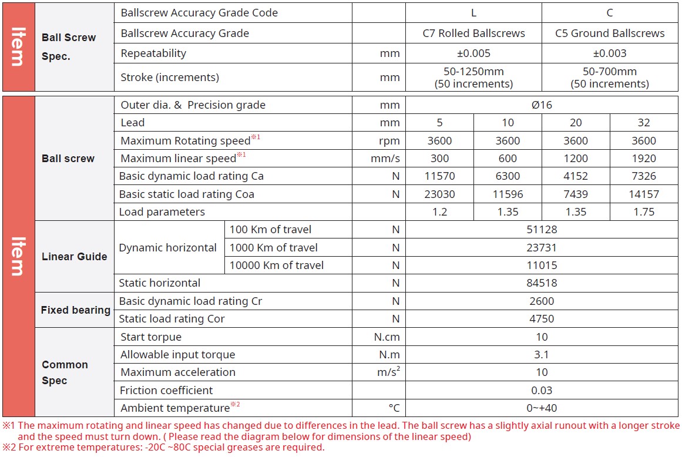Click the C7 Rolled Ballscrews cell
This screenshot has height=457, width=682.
point(473,33)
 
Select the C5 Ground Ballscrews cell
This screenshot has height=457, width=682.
point(610,33)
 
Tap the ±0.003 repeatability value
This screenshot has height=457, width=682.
point(610,53)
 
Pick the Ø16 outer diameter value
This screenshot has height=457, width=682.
point(542,105)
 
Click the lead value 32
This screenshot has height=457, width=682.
point(644,123)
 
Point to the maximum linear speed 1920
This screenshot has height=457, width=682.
point(644,159)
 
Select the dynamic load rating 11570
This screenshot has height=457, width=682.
point(439,176)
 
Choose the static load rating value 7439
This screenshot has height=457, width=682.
point(576,194)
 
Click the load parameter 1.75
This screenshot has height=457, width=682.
point(644,212)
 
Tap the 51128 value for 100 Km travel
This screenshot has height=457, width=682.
point(542,230)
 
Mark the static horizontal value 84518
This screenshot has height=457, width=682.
point(542,283)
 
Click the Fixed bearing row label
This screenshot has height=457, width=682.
point(75,310)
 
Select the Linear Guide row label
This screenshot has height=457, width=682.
point(75,257)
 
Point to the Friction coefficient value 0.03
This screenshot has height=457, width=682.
point(542,391)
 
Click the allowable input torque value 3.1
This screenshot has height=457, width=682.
point(542,355)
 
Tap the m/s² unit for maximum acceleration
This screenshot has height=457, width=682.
point(388,372)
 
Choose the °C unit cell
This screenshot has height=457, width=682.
point(394,408)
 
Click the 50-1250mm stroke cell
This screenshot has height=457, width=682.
point(473,78)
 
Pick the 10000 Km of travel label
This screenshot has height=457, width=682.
point(276,266)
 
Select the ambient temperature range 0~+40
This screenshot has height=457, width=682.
point(542,408)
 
